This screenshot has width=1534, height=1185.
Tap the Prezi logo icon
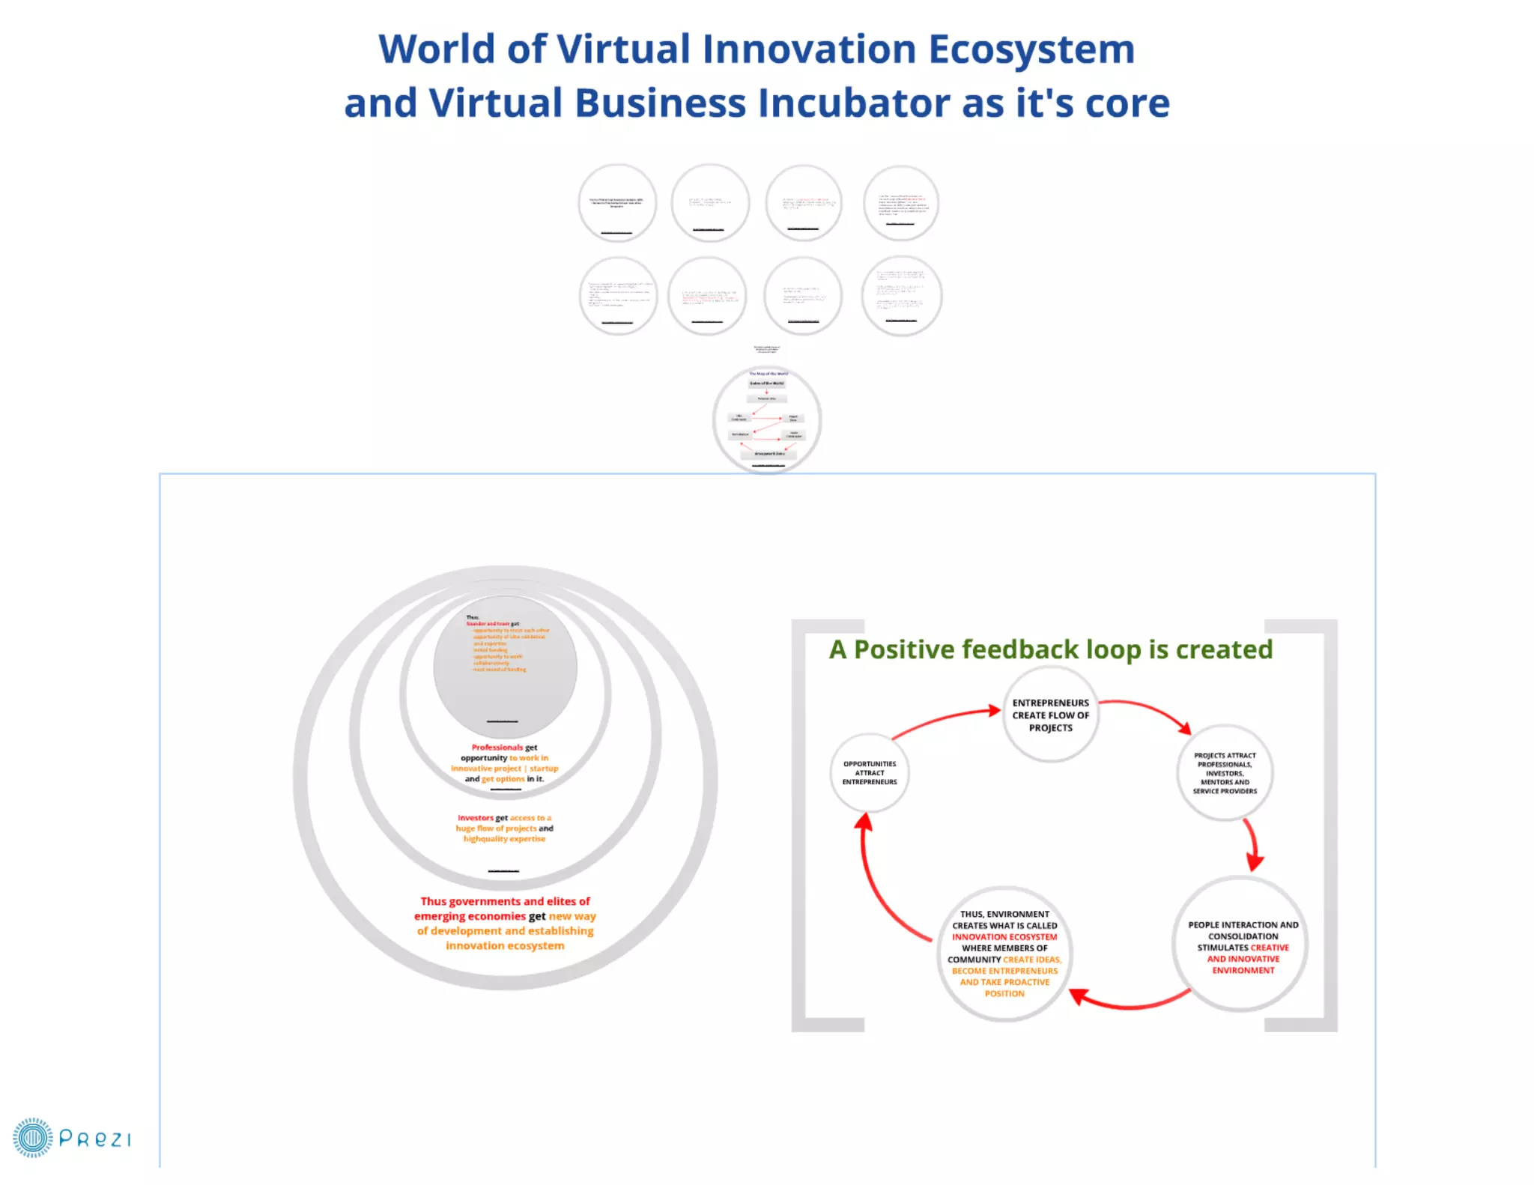coord(32,1138)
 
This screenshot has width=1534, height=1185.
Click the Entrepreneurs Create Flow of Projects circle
coord(1050,715)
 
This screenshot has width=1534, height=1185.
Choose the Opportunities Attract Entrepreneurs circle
coord(869,772)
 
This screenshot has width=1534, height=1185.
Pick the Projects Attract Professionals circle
coord(1225,772)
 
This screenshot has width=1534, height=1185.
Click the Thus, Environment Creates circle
coord(1004,953)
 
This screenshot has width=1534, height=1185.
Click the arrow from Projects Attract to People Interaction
coord(1252,843)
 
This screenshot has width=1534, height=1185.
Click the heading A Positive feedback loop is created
coord(1050,649)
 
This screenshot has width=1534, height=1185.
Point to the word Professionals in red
coord(497,747)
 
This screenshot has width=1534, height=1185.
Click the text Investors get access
coord(504,818)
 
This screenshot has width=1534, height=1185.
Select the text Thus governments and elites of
coord(505,901)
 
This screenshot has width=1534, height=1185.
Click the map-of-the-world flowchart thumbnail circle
coord(767,419)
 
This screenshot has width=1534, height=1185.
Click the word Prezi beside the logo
coord(94,1139)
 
